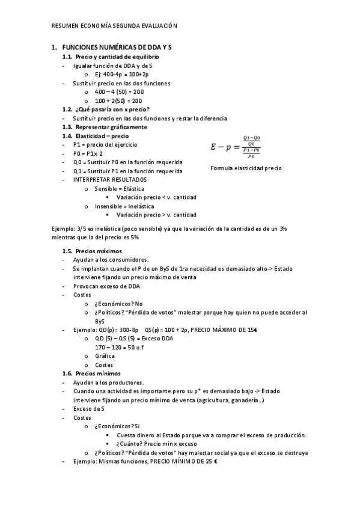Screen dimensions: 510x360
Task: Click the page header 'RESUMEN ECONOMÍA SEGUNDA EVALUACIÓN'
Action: coord(114,26)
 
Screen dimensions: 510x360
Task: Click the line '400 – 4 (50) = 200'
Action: coord(118,92)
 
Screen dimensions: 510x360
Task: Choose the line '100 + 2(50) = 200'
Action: coord(118,101)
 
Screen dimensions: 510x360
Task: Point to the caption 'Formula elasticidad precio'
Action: coord(246,168)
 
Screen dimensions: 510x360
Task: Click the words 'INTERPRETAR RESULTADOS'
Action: coord(109,180)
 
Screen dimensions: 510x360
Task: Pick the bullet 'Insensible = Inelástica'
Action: coord(124,206)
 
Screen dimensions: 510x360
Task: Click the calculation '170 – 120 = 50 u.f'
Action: coord(120,348)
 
